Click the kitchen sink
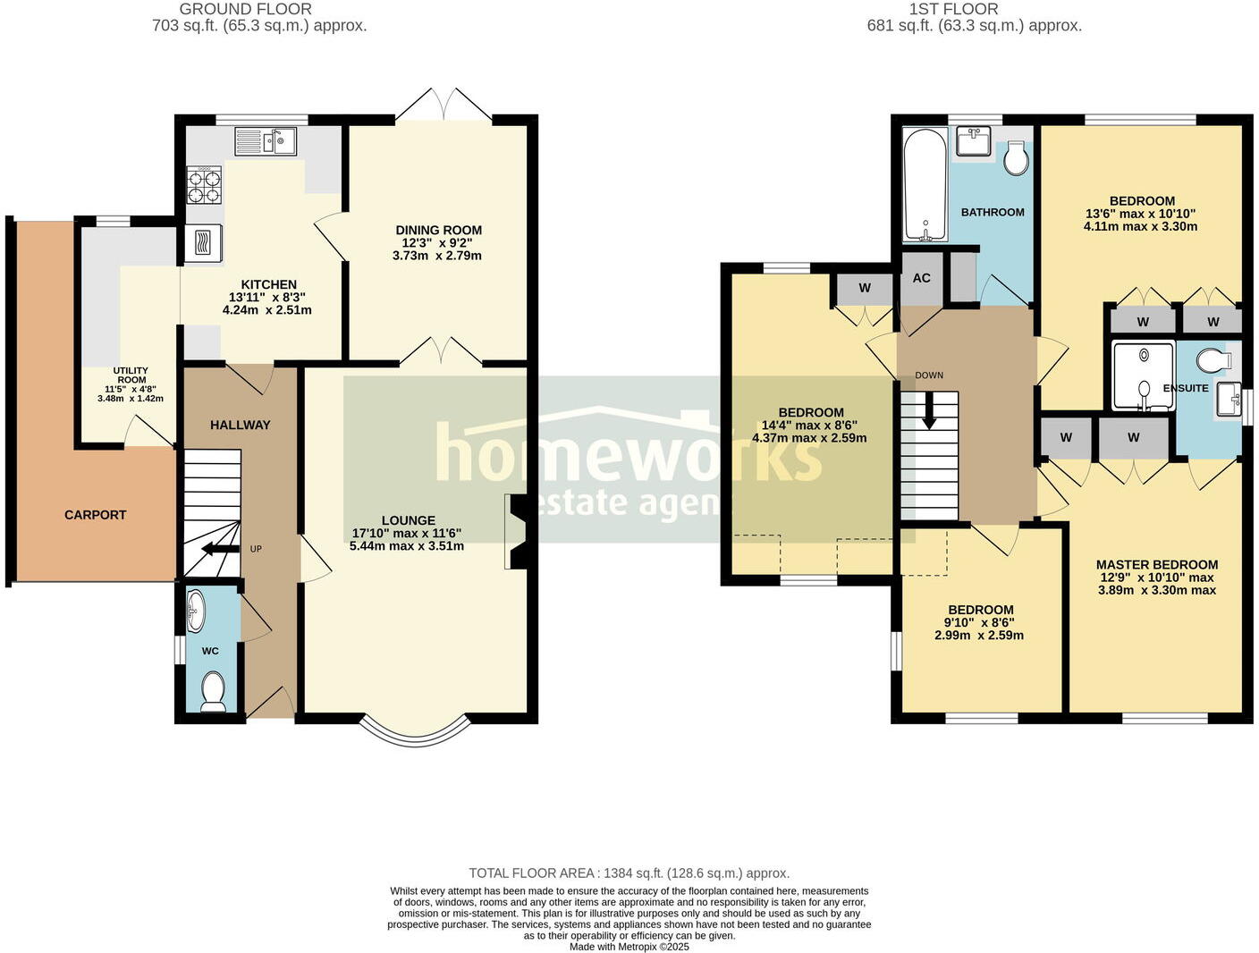266,141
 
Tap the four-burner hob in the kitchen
204,185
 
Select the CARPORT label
96,515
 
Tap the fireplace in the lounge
517,532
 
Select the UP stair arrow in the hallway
219,549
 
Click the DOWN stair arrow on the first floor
929,412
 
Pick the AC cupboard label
921,278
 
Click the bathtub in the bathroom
924,185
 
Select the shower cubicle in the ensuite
1142,376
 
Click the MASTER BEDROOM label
1156,565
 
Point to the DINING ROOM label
438,231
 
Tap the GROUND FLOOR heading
246,9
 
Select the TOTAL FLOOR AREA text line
629,873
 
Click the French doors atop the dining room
444,105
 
